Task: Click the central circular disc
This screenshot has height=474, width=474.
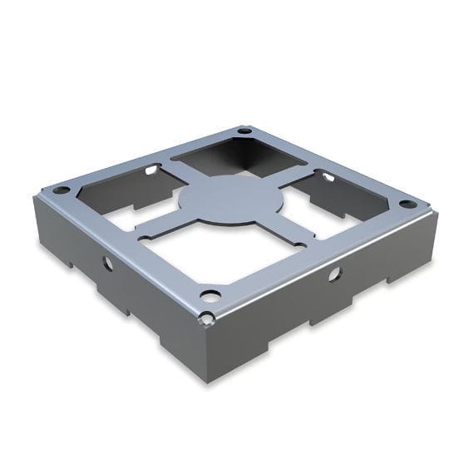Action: [x=230, y=200]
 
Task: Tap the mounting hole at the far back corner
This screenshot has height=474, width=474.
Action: [x=244, y=131]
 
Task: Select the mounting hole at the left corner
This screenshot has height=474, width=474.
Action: [x=62, y=190]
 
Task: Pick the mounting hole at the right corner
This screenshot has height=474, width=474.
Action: [x=407, y=204]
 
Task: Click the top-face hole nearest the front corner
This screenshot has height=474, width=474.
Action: [x=210, y=295]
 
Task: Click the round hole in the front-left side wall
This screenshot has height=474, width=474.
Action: [x=107, y=263]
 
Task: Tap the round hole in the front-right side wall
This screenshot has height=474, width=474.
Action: [x=333, y=274]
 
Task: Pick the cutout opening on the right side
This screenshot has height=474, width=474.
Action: [x=337, y=200]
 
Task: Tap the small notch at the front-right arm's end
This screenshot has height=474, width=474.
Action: [x=299, y=244]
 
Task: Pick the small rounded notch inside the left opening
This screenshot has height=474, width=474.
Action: [x=151, y=170]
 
